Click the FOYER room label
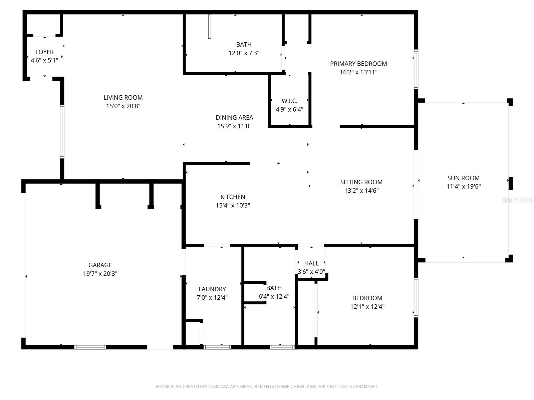[x=44, y=52]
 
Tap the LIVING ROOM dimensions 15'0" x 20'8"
[x=123, y=106]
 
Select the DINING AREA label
[x=234, y=117]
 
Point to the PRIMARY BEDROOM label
[x=358, y=64]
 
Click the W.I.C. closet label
[x=289, y=101]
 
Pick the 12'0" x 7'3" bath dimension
[x=244, y=53]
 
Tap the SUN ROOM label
[x=463, y=178]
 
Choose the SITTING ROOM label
[x=361, y=182]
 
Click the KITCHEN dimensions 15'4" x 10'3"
[x=233, y=205]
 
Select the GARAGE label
[x=100, y=265]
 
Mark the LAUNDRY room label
[x=212, y=289]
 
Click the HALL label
[x=311, y=263]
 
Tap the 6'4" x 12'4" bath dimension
[x=274, y=296]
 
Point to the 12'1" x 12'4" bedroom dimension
[x=367, y=307]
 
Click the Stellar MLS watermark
[x=517, y=200]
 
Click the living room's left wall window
[x=62, y=131]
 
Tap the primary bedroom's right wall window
[x=416, y=69]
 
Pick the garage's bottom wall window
[x=90, y=347]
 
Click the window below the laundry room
[x=217, y=347]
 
